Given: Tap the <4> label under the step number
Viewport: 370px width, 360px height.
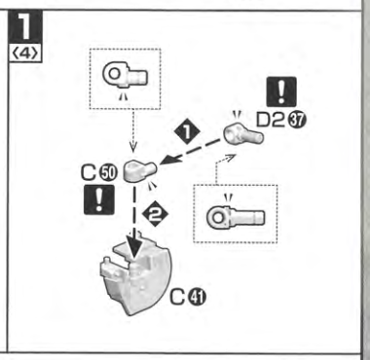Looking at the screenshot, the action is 25,54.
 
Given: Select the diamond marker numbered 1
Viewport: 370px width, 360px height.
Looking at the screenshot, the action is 187,132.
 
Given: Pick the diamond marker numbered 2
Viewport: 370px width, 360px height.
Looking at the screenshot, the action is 155,214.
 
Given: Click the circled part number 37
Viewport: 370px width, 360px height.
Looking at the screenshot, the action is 297,121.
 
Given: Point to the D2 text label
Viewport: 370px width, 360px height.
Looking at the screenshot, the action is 273,121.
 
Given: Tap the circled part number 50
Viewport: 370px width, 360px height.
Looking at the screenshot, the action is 109,172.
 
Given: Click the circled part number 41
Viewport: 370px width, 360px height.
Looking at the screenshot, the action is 197,297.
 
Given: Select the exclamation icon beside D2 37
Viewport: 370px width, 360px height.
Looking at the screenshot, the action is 281,91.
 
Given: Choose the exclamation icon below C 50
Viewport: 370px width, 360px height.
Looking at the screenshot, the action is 99,199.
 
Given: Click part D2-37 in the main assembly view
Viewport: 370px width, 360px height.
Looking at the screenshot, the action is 243,133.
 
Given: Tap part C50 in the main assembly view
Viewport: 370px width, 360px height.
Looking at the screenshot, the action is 140,170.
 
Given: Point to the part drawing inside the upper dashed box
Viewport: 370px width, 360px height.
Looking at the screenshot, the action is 125,76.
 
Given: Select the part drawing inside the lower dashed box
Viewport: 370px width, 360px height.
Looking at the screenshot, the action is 236,217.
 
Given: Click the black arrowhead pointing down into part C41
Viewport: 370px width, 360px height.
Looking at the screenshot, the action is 133,248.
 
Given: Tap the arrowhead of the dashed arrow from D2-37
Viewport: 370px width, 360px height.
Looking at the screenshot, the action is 166,160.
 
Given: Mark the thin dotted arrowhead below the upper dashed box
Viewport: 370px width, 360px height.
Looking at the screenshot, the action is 133,148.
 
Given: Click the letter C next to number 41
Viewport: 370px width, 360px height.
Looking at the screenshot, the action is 178,297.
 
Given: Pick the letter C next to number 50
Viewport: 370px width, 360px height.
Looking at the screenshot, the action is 90,172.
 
